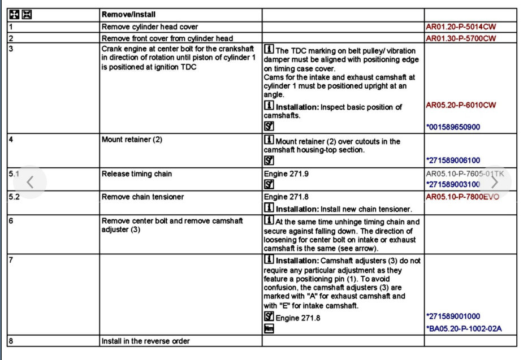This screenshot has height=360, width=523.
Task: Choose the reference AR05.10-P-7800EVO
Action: click(463, 197)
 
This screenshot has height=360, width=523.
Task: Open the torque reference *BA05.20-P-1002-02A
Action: click(464, 329)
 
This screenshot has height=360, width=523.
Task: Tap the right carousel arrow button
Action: click(494, 182)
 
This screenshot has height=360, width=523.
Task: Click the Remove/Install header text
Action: click(128, 14)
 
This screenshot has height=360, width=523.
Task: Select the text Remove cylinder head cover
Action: click(149, 27)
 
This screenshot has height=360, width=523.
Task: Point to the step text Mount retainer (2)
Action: click(131, 140)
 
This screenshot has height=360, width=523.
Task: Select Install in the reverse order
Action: click(145, 341)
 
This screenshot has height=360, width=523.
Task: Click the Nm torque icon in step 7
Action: click(269, 329)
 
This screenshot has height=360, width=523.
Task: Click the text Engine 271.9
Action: click(286, 174)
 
